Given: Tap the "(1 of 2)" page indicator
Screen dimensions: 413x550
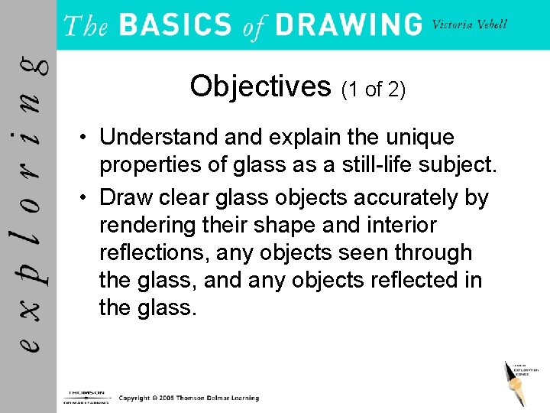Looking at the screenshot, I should (x=373, y=89).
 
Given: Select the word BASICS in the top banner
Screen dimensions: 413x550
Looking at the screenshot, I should (x=175, y=24).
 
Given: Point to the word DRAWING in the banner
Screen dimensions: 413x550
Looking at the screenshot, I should (x=348, y=24).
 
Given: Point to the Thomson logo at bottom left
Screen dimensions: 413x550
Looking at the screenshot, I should (x=86, y=397).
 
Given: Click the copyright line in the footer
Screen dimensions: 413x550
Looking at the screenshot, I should (x=189, y=398).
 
